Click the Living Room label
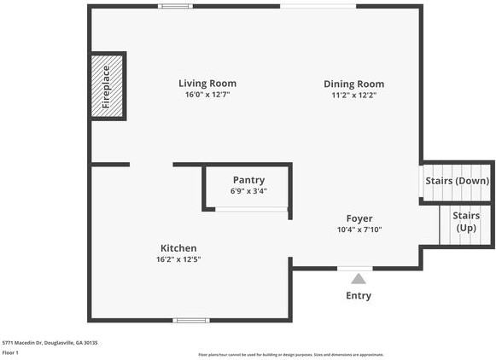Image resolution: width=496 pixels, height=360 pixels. (x=207, y=84)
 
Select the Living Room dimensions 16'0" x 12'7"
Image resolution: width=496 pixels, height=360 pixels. (x=207, y=95)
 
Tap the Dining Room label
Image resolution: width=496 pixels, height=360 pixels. (x=353, y=84)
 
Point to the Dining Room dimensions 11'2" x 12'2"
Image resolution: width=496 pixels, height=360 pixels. (x=353, y=95)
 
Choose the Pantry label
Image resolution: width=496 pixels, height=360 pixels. (x=248, y=180)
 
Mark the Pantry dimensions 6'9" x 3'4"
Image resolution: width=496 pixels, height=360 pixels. (x=248, y=191)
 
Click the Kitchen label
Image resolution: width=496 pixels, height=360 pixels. (x=178, y=248)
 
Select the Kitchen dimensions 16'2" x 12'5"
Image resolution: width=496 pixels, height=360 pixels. (x=178, y=259)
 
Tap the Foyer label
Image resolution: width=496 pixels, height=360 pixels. (x=359, y=218)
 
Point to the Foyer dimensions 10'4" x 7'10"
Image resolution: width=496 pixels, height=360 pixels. (x=359, y=229)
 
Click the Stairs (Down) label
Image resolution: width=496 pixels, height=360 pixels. (x=457, y=181)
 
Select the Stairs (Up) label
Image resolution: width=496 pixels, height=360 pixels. (x=465, y=222)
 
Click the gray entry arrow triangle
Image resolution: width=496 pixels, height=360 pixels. (x=359, y=278)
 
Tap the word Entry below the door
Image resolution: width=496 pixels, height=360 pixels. (x=359, y=296)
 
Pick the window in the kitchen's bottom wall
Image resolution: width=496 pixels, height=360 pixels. (x=190, y=321)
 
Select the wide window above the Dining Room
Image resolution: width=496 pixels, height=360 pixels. (x=318, y=6)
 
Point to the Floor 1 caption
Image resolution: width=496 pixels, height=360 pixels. (x=10, y=352)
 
